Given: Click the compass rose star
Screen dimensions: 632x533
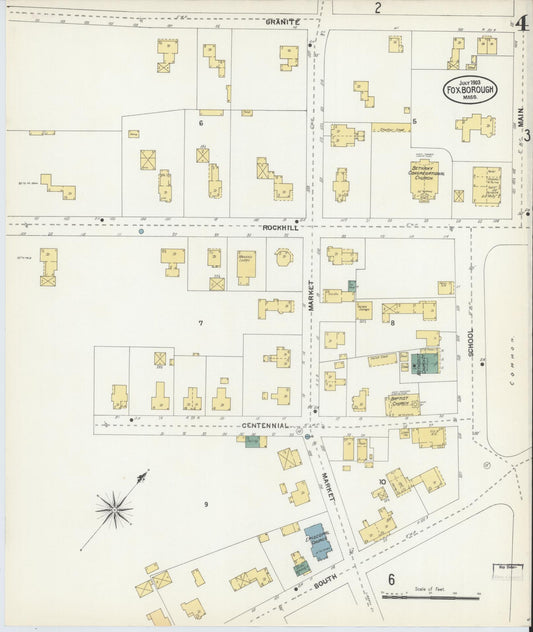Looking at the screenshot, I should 114,509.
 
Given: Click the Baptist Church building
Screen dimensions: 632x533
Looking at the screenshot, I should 402,403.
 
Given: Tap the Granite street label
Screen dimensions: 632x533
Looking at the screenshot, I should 283,21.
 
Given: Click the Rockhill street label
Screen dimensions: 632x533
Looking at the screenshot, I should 281,227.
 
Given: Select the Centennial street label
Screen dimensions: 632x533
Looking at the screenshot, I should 266,425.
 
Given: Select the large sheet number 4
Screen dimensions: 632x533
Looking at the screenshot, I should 522,24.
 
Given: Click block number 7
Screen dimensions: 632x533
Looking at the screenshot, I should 201,323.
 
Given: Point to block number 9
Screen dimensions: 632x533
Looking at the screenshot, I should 206,504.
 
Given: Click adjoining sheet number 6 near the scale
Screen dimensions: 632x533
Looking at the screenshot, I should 391,579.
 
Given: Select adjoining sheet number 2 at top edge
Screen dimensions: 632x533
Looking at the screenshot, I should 378,8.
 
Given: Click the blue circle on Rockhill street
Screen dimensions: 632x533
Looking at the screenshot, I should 141,231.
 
